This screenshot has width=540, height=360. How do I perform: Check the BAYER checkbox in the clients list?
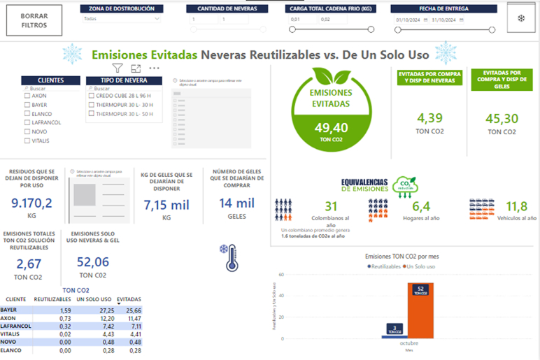tap(27, 104)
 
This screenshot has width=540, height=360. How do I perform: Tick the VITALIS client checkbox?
tap(27, 141)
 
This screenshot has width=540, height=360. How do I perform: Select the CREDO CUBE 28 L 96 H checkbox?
tap(92, 96)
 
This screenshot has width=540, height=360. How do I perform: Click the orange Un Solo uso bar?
tap(420, 310)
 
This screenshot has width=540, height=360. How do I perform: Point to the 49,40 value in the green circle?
tap(332, 127)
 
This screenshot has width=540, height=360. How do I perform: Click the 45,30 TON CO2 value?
tap(502, 119)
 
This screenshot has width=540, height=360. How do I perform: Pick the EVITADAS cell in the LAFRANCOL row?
tap(130, 326)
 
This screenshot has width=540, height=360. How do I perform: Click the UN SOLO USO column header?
tap(94, 299)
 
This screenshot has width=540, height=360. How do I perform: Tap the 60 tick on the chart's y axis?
tap(281, 275)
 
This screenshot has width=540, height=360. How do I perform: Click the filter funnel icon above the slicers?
tap(118, 69)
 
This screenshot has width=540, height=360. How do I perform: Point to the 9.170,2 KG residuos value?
tap(32, 204)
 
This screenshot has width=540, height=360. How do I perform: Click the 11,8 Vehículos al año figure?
tap(516, 206)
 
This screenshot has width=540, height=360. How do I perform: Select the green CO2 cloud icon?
tap(404, 185)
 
